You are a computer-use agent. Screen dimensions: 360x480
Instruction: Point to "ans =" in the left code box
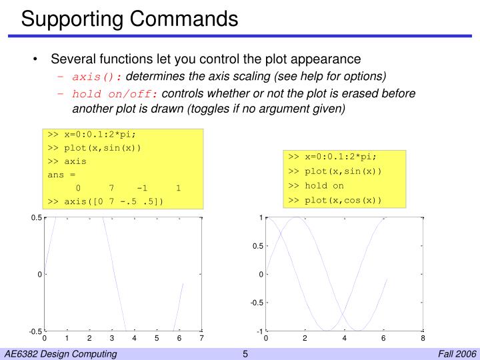pos(61,175)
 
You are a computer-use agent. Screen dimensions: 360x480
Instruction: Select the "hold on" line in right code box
pos(316,185)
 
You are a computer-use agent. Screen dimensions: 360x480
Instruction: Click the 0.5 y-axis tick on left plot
pos(36,218)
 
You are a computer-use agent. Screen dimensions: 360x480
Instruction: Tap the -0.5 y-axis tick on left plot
pos(35,331)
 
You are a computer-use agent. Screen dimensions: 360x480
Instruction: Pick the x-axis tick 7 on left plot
pos(201,339)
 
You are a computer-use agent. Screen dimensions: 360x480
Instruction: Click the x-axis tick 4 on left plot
pos(134,339)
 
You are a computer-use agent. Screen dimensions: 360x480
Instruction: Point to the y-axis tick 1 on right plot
pos(261,218)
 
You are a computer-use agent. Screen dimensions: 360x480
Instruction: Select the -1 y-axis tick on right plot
pos(259,331)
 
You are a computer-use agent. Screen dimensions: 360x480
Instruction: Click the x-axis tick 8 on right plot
pos(423,339)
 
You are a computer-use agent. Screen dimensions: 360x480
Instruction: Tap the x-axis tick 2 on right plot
pos(305,339)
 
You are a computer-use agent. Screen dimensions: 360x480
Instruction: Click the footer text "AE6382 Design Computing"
pos(60,353)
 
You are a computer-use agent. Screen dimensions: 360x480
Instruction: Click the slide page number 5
pos(245,353)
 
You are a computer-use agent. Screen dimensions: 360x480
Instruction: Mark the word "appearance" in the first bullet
pos(328,59)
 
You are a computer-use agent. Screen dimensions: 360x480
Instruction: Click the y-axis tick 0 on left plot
pos(39,275)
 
